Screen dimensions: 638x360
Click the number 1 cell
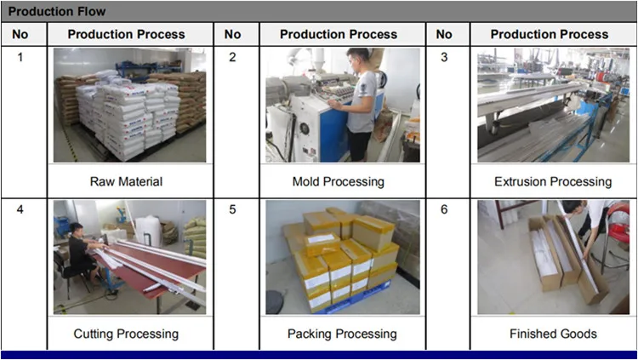click(21, 57)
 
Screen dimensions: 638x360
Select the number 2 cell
click(232, 57)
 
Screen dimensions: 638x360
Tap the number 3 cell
click(443, 57)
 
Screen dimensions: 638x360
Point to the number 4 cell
click(21, 209)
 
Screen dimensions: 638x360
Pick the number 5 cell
click(232, 209)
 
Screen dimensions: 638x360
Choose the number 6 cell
click(443, 209)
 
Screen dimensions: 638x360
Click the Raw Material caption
click(126, 181)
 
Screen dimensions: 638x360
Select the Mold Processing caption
click(338, 181)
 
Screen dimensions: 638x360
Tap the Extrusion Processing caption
click(552, 181)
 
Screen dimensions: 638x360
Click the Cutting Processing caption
click(126, 334)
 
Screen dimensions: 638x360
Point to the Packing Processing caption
click(341, 334)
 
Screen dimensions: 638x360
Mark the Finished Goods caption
click(552, 334)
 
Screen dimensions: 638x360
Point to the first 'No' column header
click(21, 34)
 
